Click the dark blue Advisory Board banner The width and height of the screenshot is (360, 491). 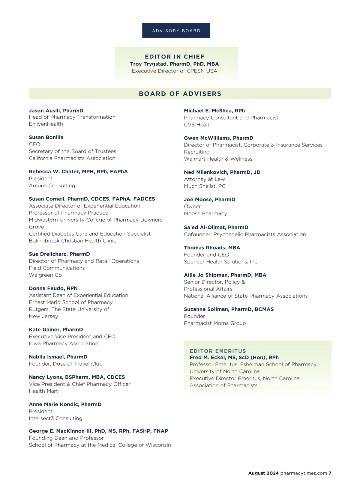point(176,30)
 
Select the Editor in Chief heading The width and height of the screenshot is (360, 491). point(175,57)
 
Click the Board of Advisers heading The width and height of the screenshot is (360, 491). point(180,94)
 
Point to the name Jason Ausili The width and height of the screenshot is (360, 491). point(45,111)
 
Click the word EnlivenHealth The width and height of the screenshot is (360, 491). point(46,124)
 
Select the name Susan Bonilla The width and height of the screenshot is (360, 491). point(46,137)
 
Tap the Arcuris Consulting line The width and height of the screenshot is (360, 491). point(52,186)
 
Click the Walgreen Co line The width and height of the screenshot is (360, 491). point(45,275)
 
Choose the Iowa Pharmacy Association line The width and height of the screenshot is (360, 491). point(64,344)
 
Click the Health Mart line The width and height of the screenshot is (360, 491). point(43,391)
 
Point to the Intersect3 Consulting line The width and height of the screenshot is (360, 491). point(55,418)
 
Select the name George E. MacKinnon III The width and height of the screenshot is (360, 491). point(60,431)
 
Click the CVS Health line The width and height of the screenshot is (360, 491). point(198,125)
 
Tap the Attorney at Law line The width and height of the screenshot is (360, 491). point(204,179)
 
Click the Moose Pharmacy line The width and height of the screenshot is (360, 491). point(205,213)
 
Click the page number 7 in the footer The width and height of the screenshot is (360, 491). point(330,473)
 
